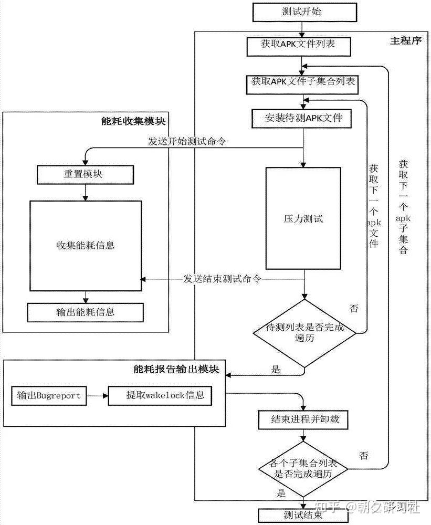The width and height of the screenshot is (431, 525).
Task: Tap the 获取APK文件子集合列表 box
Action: click(304, 82)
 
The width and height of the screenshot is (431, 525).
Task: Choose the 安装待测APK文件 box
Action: click(304, 118)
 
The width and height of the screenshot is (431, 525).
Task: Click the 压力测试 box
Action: click(300, 218)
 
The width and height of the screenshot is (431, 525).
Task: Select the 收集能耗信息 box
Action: click(85, 245)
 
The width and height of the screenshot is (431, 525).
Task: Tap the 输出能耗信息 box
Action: click(85, 312)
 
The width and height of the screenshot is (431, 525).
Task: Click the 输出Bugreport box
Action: click(49, 395)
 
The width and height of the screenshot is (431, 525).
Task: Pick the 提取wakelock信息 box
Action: click(160, 395)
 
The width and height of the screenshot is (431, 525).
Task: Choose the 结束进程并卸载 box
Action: click(302, 420)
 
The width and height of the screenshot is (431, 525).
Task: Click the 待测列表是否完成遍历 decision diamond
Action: click(304, 333)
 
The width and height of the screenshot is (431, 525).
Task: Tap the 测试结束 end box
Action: click(302, 515)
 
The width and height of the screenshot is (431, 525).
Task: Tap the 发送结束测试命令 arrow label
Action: click(222, 279)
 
